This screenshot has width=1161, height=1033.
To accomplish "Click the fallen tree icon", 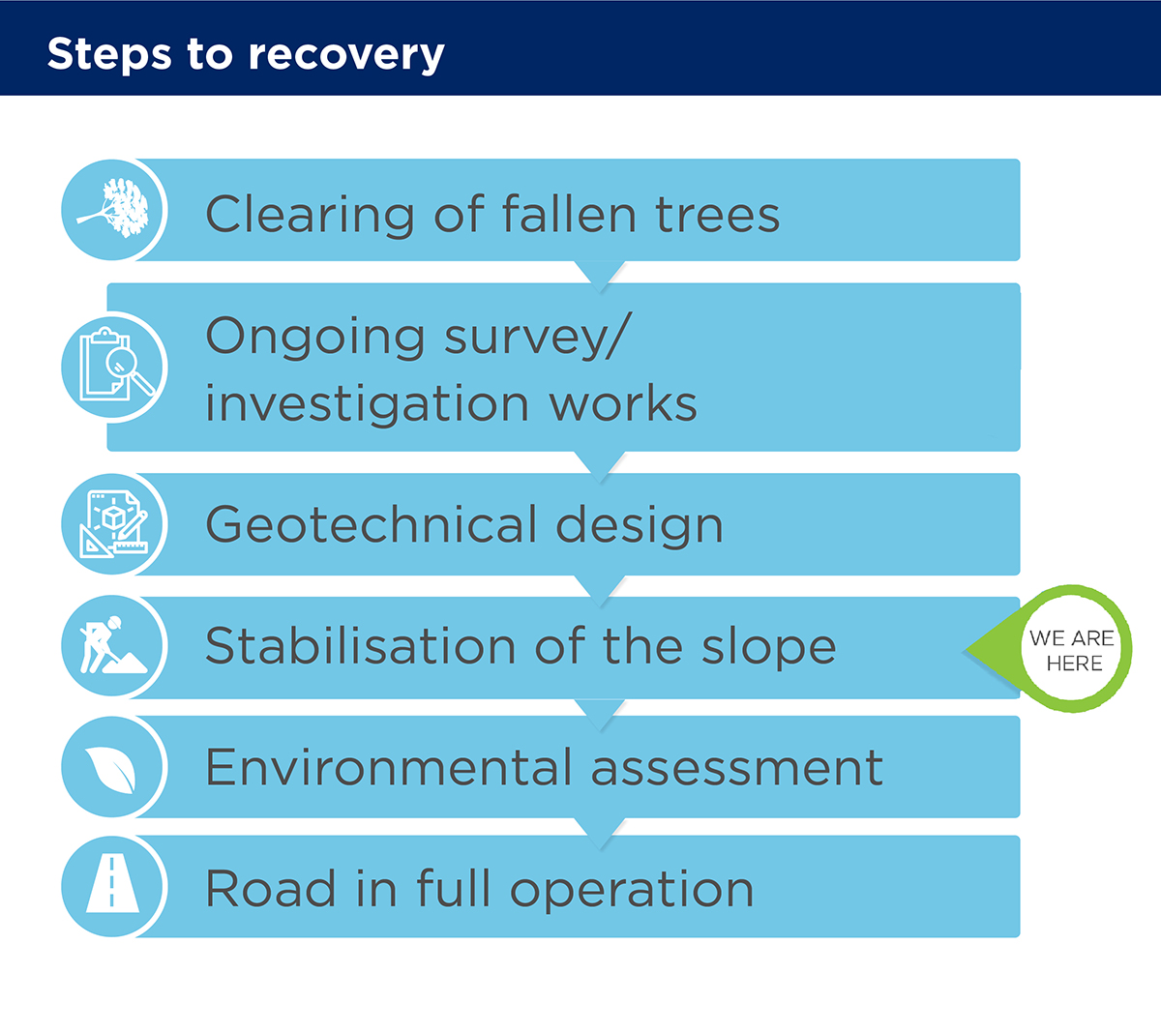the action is coord(113,208).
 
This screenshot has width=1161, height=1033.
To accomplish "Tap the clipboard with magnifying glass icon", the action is coord(117,364).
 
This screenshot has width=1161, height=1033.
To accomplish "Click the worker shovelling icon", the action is coord(113,645).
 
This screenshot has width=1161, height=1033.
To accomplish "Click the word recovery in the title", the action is coord(346,55).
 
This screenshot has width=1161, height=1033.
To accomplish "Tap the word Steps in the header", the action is coord(109,53).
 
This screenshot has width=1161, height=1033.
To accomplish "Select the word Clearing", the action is coord(310,214).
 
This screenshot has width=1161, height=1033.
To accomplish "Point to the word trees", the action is coord(717,215).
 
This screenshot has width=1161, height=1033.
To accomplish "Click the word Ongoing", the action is coord(315,338).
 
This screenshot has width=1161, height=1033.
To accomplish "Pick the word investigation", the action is coord(367,405).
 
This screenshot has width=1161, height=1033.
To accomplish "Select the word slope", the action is coord(769,648).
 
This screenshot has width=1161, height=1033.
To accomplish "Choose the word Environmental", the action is coord(389,767).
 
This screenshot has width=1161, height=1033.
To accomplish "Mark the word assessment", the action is coord(737,769).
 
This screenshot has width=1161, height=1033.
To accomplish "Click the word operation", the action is coord(632,890).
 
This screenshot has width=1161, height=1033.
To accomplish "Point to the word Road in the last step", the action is coord(271,888).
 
